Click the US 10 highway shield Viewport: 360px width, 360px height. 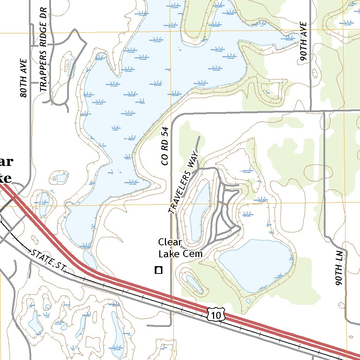216,315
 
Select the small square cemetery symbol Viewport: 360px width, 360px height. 159,270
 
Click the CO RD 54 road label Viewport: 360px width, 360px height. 165,147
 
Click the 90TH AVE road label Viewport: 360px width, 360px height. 304,42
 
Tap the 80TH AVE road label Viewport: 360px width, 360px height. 24,78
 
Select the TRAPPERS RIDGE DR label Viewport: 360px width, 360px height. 43,49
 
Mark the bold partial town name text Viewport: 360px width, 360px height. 6,170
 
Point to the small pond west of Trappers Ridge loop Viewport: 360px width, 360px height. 71,67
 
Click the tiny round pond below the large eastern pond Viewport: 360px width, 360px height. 249,301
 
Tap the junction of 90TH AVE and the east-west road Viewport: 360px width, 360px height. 311,111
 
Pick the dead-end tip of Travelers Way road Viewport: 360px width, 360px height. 199,137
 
